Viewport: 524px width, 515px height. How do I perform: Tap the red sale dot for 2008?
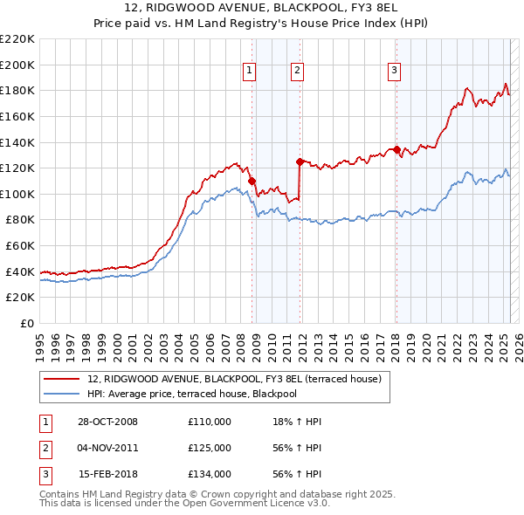point(252,181)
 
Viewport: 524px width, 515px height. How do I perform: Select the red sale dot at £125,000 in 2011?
point(300,161)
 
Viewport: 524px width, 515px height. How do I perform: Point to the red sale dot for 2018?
point(396,149)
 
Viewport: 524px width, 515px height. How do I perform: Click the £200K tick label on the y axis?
point(17,65)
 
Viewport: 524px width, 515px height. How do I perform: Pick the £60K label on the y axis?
point(20,246)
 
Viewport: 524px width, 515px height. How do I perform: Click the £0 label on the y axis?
point(27,324)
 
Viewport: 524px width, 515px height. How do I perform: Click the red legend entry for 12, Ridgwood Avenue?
point(234,379)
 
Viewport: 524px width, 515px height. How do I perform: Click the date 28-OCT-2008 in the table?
point(107,422)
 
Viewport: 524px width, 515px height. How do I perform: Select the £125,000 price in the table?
point(210,448)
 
